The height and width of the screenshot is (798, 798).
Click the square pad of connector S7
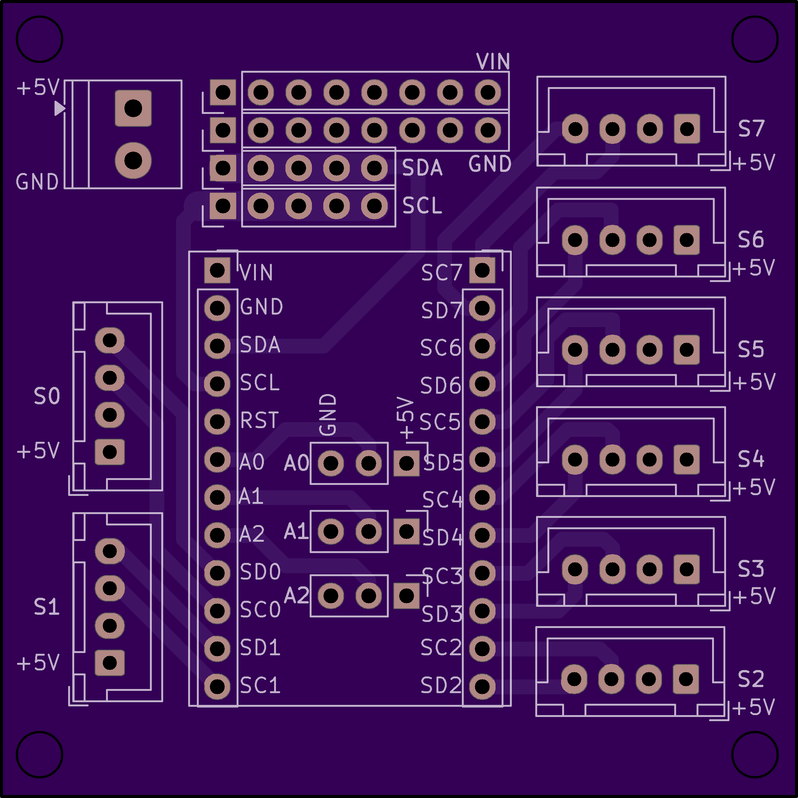[x=687, y=129]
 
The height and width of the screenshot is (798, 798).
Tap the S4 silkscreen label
[x=751, y=459]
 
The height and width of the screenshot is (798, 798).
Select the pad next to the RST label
[x=217, y=422]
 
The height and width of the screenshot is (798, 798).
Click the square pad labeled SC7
[x=482, y=271]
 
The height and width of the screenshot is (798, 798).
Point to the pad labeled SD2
[x=482, y=686]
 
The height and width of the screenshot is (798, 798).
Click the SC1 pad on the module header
[x=217, y=686]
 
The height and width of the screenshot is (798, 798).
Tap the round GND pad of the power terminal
[x=133, y=160]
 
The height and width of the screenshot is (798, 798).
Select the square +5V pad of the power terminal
[x=133, y=108]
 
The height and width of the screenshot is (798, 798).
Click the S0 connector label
[x=47, y=396]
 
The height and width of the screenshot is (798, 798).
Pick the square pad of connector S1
[x=110, y=663]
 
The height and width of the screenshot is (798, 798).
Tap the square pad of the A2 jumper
[x=407, y=595]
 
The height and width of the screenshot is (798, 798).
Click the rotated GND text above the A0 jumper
[x=328, y=414]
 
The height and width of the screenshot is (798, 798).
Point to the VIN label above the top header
[x=493, y=62]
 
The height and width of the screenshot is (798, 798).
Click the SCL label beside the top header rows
[x=422, y=206]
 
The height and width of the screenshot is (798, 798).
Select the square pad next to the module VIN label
[x=217, y=271]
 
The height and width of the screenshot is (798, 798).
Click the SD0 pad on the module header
[x=217, y=573]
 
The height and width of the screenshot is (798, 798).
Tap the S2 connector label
[x=751, y=679]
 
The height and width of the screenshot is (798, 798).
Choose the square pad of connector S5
[x=686, y=350]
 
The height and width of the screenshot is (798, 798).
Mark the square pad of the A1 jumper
[x=407, y=531]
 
